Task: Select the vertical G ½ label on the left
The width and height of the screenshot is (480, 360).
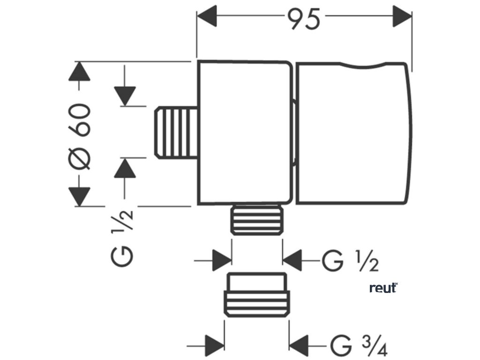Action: click(x=123, y=237)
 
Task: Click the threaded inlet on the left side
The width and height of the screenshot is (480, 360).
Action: click(x=175, y=132)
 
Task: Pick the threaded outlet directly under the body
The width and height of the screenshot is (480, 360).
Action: click(x=258, y=220)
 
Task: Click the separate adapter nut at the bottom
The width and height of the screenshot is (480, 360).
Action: click(x=257, y=295)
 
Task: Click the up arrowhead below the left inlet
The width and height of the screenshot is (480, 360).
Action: click(x=125, y=168)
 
